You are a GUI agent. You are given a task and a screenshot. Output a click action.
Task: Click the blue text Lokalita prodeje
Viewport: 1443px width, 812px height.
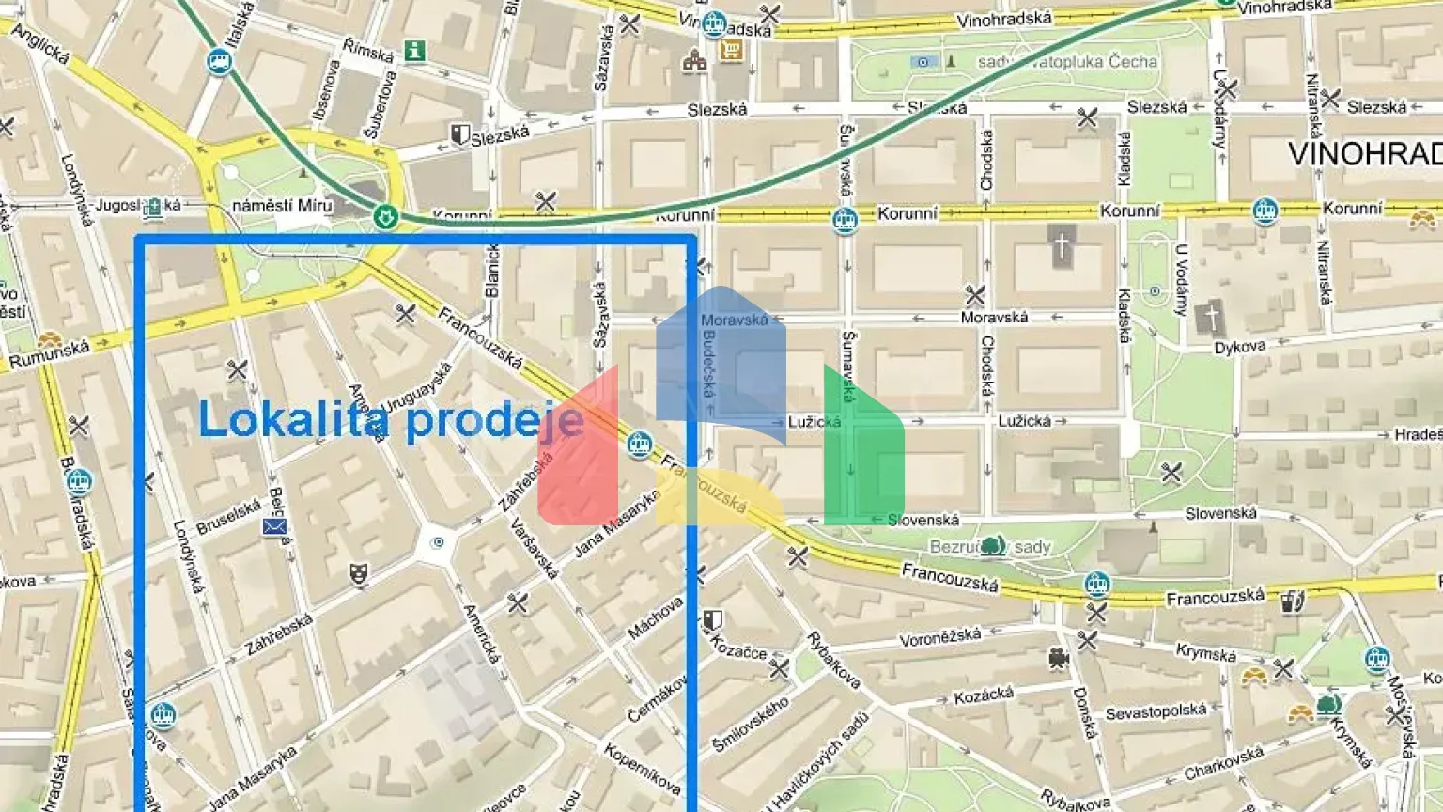pos(391,419)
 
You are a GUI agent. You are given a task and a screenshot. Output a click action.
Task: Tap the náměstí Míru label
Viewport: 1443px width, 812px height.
pos(282,205)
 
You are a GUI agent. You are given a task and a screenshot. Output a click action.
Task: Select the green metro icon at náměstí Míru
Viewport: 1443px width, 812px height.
pos(384,217)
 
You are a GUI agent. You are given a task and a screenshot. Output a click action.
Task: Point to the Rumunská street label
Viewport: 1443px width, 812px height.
pos(49,355)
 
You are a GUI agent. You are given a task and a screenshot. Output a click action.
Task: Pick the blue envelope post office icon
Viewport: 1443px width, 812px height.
pos(274,527)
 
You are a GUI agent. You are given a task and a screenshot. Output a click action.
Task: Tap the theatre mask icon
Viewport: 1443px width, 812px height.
pos(358,573)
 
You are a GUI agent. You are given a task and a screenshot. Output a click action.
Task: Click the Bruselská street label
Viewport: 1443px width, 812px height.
pos(229,517)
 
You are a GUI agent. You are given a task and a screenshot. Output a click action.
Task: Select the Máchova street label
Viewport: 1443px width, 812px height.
pos(655,618)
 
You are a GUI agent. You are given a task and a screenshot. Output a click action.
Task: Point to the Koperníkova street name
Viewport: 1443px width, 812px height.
pos(642,768)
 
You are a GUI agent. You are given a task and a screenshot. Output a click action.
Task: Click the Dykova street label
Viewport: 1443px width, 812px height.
pos(1239,348)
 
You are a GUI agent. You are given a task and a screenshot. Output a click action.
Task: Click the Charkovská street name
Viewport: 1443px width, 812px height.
pos(1223,763)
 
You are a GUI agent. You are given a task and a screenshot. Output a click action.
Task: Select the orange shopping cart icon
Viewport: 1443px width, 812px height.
pos(731,50)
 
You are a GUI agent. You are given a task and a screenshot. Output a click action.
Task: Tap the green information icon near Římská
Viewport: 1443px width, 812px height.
pos(414,51)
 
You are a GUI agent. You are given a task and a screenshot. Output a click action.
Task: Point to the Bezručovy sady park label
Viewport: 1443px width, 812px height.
pos(990,547)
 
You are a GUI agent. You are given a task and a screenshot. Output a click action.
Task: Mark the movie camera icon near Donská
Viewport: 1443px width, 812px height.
pos(1059,660)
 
